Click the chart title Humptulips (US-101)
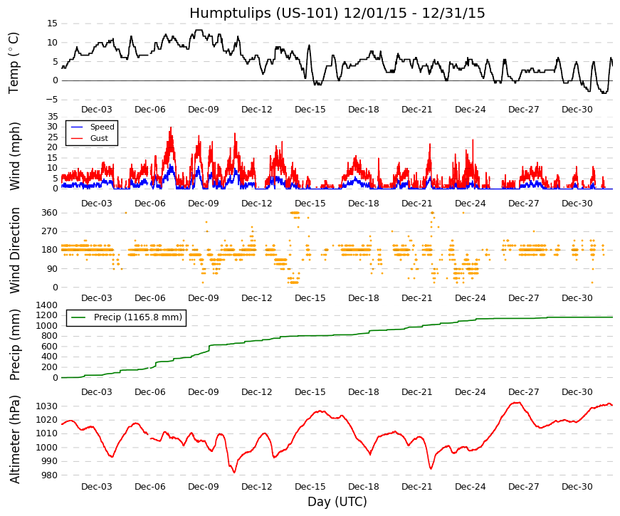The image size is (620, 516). coord(264,14)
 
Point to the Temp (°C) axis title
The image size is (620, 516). coord(14,63)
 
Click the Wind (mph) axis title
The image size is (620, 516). coord(15,156)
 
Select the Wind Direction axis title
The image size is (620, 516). coord(15,251)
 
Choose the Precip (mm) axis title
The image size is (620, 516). coord(15,344)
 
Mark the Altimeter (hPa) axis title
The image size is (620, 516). coord(15,439)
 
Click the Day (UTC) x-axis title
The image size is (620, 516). coord(337,502)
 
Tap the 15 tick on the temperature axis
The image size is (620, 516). coord(53,23)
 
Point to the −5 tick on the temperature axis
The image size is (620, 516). coord(51,100)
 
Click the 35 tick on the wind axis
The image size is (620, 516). coord(53,117)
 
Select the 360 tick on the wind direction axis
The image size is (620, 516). coord(50,213)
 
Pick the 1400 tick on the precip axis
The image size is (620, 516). coord(47,305)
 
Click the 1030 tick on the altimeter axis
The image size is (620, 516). coord(47,406)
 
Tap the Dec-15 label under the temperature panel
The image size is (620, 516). coord(310,110)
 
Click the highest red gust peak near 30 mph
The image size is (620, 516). coord(171,127)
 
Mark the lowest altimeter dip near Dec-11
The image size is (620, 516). coord(234,472)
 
